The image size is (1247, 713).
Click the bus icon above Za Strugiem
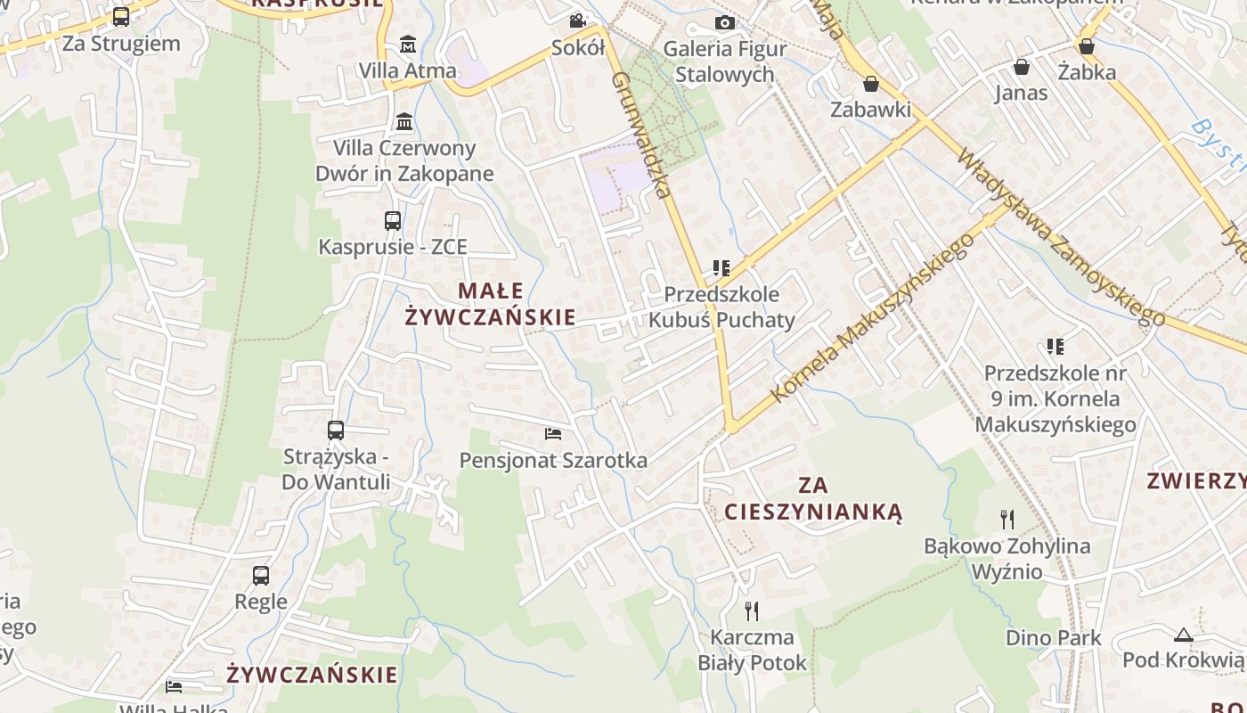pos(121,17)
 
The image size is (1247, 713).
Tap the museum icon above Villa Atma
pos(408,44)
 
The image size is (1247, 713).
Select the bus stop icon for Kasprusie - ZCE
pos(392,221)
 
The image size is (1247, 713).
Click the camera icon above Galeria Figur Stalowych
pos(725,22)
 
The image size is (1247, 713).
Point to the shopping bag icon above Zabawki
pos(870,84)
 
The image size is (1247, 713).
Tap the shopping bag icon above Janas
pos(1021,67)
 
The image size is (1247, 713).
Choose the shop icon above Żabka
pos(1087,46)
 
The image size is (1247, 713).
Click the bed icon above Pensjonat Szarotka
pos(553,434)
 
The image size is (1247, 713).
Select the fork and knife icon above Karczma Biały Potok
pos(752,611)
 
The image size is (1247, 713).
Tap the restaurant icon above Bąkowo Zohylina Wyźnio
pos(1007,519)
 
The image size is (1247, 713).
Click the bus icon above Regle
pos(260,576)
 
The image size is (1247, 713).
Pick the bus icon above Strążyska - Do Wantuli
pos(336,430)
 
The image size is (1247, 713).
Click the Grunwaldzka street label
pos(640,134)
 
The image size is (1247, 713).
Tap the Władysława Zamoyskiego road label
pos(1060,236)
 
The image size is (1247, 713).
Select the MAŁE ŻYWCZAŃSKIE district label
pos(491,304)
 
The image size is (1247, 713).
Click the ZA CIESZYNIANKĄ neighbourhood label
pos(813,498)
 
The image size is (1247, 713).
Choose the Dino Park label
pos(1053,638)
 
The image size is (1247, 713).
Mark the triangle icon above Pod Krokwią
pos(1183,635)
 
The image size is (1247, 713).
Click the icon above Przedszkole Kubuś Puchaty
pos(721,267)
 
